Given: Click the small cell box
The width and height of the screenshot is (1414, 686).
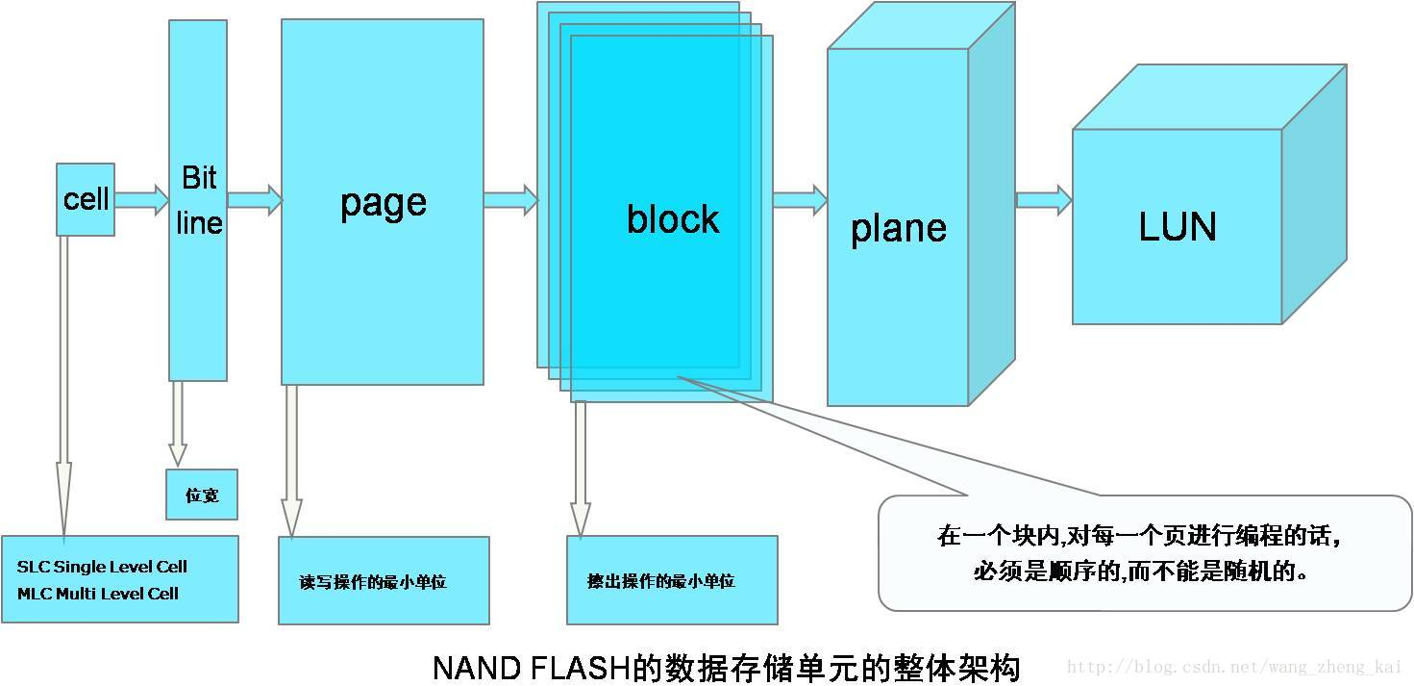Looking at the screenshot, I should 86,199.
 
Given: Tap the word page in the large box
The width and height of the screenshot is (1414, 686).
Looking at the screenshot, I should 383,203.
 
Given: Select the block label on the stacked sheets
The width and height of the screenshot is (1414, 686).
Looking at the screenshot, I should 672,219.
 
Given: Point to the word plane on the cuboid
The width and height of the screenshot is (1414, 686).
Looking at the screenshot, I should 898,228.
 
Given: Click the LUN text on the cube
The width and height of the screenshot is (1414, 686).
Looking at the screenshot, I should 1178,227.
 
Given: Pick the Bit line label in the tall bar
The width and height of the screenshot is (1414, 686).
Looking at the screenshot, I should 200,200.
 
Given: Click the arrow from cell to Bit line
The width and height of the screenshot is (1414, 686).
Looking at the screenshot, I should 141,200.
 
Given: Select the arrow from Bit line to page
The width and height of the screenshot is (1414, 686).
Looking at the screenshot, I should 255,200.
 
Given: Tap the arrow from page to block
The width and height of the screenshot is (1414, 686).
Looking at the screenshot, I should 510,199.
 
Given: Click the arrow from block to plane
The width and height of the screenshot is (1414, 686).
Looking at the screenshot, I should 799,200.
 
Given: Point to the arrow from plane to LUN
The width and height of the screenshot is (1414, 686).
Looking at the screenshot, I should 1044,200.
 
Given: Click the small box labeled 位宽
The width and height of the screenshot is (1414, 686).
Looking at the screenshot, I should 202,495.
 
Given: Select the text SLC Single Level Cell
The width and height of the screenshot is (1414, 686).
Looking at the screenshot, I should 102,567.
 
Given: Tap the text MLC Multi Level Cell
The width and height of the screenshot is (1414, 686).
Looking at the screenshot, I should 98,594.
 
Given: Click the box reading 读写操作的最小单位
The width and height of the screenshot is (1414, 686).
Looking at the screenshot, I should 384,581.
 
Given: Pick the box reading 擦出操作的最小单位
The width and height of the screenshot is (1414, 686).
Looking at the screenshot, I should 672,580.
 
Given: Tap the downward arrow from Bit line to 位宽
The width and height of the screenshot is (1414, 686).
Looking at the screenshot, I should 177,424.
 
